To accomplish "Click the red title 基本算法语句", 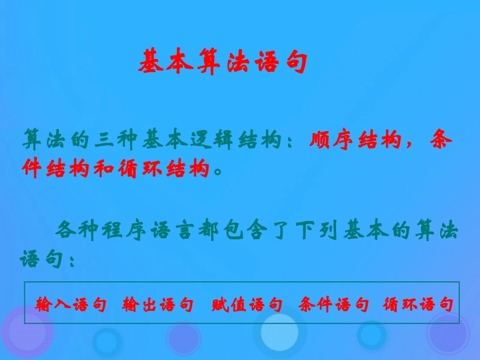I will click(x=222, y=62).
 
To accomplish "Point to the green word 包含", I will click(x=251, y=232).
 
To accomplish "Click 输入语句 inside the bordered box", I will click(x=71, y=305).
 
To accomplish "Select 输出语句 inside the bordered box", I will click(x=158, y=305).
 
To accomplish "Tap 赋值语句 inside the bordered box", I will click(x=247, y=305).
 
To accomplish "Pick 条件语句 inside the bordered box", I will click(x=333, y=305).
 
